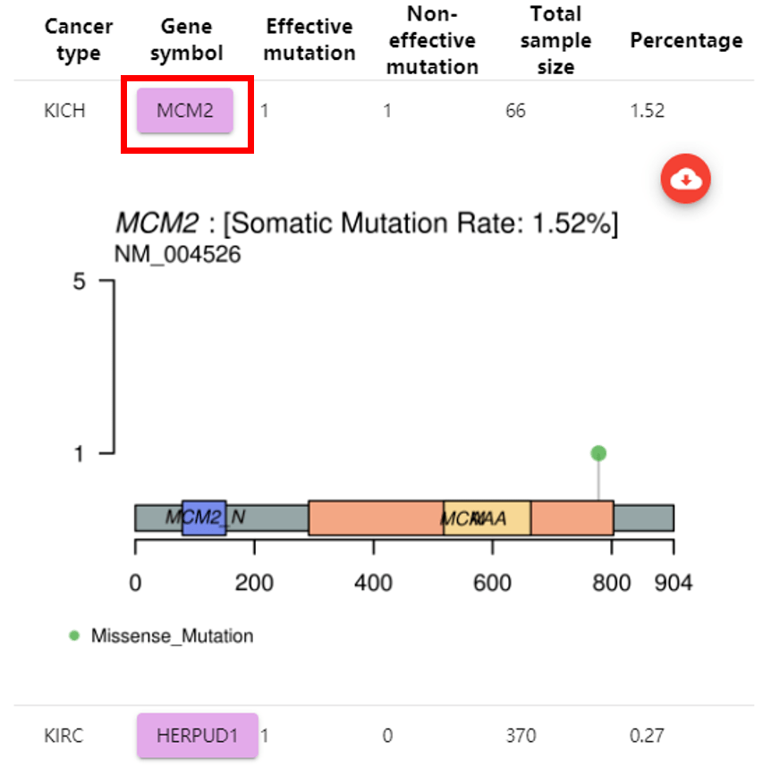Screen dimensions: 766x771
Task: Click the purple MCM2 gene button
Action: [185, 111]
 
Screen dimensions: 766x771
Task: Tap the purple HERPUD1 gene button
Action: [197, 736]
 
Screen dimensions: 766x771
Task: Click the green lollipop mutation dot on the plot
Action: [598, 453]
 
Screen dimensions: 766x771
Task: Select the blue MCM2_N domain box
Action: [203, 518]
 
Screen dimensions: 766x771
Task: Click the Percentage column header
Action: [686, 40]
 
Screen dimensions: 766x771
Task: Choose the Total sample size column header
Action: [555, 40]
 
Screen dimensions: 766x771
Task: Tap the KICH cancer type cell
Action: [64, 112]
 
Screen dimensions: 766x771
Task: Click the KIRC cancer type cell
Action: [64, 737]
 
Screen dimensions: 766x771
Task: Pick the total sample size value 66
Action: [515, 112]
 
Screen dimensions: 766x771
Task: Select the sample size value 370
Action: [520, 737]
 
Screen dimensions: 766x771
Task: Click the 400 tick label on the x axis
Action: [373, 584]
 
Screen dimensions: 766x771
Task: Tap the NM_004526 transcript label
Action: [177, 255]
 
